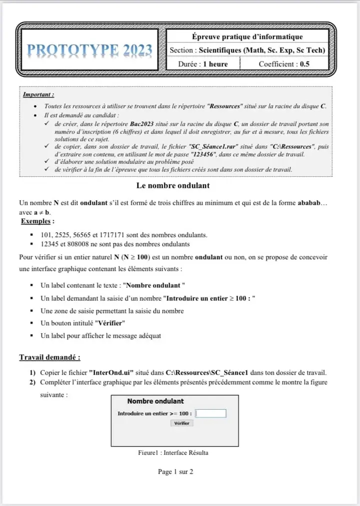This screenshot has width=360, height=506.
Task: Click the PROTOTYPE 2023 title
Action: [x=90, y=50]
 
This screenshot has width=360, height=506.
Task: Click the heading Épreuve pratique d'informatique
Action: [x=247, y=36]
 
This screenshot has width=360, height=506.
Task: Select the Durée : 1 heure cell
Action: [x=203, y=64]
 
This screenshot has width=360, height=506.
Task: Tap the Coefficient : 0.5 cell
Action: [x=284, y=64]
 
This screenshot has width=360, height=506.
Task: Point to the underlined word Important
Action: [x=38, y=94]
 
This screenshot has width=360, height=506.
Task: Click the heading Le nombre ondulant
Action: [x=172, y=186]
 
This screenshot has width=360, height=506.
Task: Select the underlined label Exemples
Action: [x=37, y=221]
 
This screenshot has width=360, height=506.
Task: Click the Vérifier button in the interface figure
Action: [x=182, y=423]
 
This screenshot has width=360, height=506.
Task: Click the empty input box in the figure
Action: [x=210, y=414]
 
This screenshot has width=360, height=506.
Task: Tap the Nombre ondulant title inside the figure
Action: [x=155, y=401]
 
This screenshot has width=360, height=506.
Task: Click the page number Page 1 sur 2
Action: [x=175, y=472]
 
